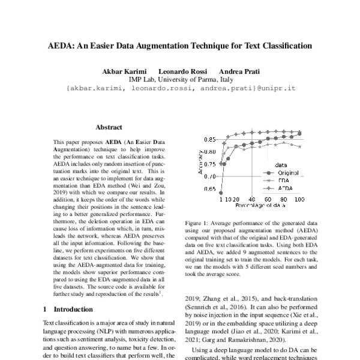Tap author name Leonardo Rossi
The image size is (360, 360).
point(182,71)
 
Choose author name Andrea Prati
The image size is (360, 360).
point(239,71)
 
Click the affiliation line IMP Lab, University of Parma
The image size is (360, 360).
point(179,79)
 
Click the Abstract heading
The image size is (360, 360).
point(109,127)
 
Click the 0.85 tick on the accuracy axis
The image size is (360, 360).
point(209,139)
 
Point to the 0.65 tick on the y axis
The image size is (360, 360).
point(209,189)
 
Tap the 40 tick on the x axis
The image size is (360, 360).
point(251,199)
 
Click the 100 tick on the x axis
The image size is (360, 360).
point(299,199)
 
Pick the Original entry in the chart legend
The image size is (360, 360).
point(287,172)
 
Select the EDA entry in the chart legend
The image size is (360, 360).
point(283,179)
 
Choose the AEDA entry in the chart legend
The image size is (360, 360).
point(284,187)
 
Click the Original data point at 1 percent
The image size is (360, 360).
point(221,193)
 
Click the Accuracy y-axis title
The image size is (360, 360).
point(200,163)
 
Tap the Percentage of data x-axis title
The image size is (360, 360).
point(259,206)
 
